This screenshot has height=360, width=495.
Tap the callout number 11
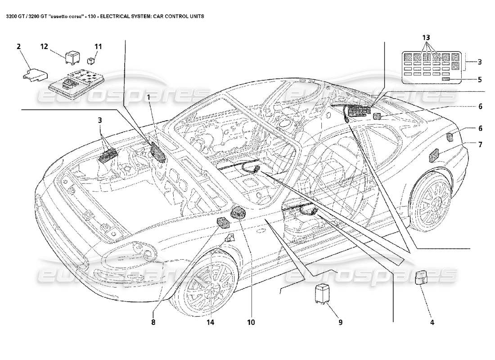tap(98, 46)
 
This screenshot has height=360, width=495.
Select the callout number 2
tap(19, 46)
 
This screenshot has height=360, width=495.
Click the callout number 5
tap(480, 80)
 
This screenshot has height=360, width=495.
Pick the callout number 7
tap(480, 144)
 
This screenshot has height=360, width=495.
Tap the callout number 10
tap(251, 322)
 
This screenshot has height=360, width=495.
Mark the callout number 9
tap(340, 322)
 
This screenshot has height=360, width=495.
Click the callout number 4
tap(432, 322)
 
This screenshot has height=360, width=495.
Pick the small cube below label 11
tap(92, 60)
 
